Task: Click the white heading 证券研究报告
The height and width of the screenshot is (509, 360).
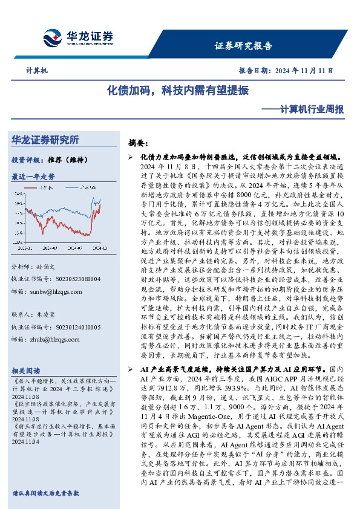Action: [243, 45]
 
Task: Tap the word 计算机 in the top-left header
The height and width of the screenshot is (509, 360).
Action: [36, 70]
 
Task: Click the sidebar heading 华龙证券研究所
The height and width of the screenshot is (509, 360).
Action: [45, 140]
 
